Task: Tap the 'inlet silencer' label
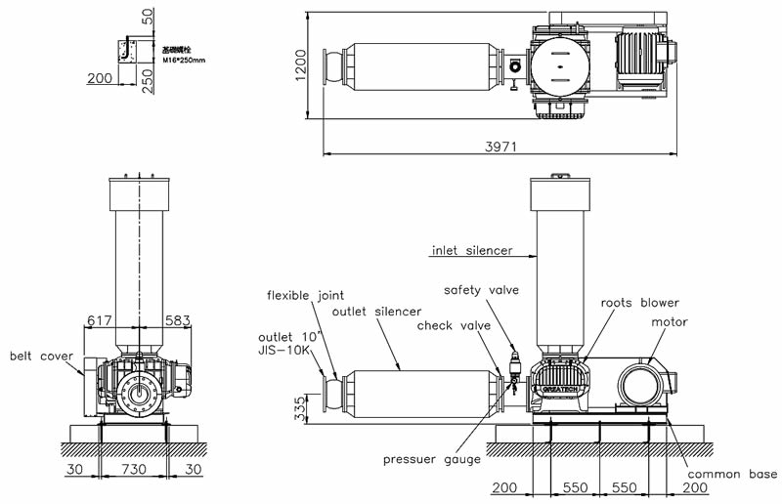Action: (x=472, y=251)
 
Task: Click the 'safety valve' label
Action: (x=481, y=290)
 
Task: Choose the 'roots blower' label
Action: (x=639, y=303)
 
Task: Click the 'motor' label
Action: (x=670, y=321)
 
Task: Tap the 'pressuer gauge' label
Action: (x=431, y=459)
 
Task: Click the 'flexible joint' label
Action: (x=305, y=295)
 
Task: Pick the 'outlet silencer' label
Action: (x=376, y=312)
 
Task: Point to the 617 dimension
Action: (x=101, y=318)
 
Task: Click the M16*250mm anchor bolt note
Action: (x=184, y=60)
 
